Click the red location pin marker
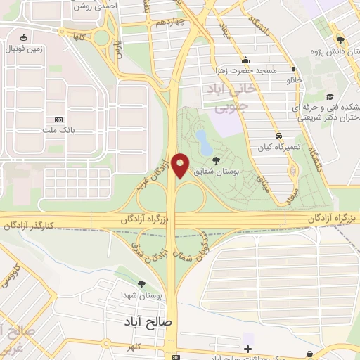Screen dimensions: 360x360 point(181,166)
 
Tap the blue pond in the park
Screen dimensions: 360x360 point(202,140)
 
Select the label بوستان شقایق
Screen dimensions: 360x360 point(236,171)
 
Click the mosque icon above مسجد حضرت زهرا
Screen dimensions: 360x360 point(245,60)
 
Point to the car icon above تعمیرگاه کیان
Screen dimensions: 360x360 point(278,134)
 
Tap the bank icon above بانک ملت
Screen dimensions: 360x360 point(58,120)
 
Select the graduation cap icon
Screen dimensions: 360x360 point(329,97)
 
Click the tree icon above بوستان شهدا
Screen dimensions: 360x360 point(142,284)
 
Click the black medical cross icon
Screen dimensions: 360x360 point(247,349)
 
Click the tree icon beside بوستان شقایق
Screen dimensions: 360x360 point(215,161)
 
